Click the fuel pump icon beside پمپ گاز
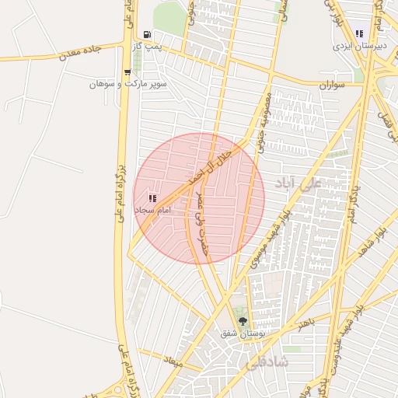[147, 35]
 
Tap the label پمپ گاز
[147, 47]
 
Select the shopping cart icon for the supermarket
[127, 72]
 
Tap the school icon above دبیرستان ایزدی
[359, 33]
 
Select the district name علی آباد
[298, 184]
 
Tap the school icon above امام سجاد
[152, 199]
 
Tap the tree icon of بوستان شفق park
[242, 321]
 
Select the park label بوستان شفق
[239, 333]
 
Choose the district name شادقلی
[267, 363]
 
